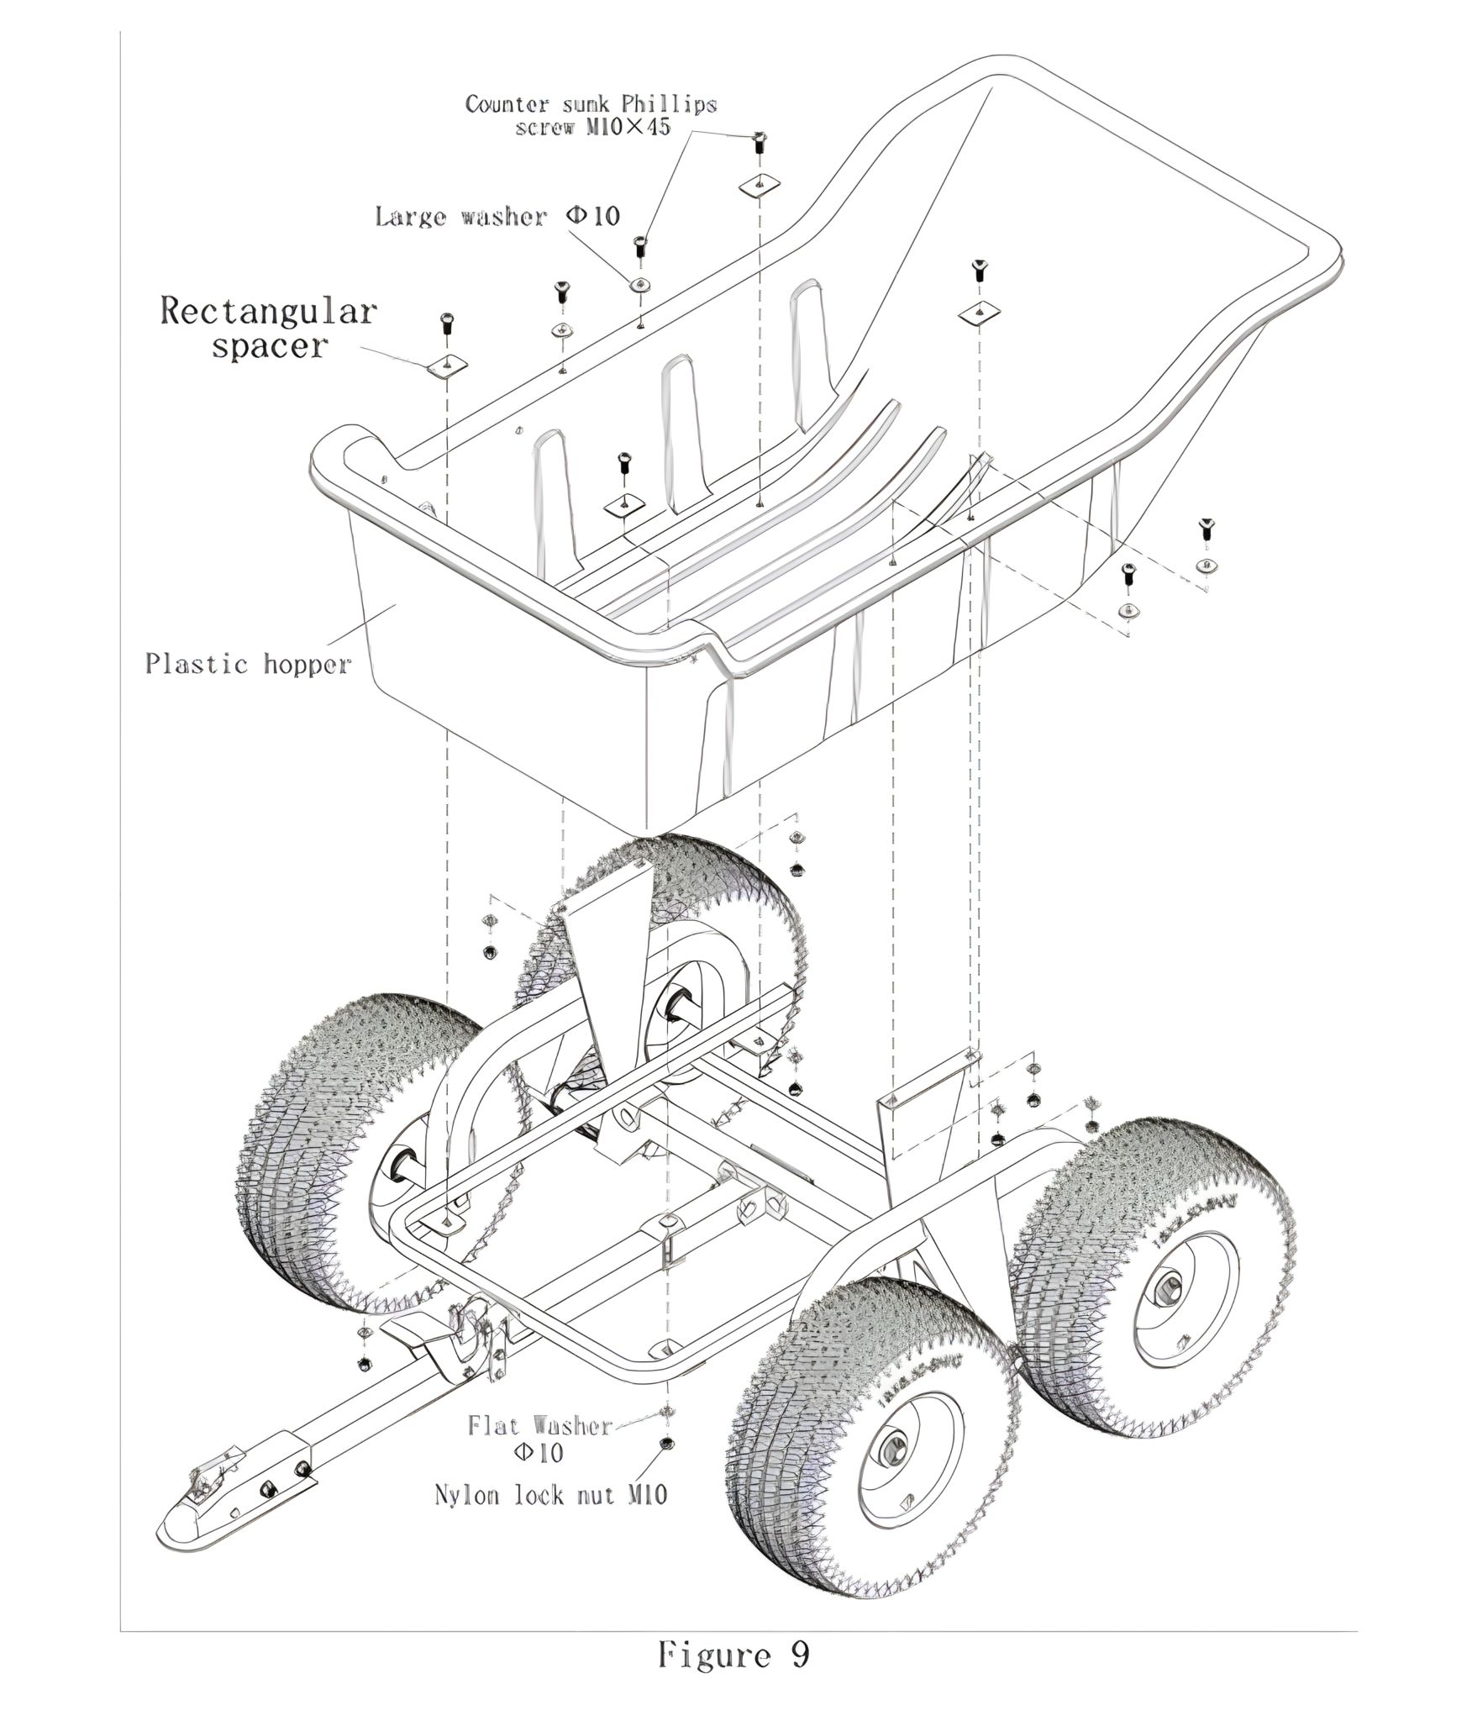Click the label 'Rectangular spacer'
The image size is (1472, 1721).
268,328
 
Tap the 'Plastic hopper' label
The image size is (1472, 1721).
247,664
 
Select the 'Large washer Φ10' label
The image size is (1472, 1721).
497,216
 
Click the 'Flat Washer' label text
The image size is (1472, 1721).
541,1425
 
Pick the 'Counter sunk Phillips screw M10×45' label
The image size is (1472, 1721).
591,115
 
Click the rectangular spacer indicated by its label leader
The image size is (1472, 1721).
446,366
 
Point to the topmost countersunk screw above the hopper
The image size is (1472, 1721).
759,141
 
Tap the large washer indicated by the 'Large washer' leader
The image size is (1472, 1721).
641,284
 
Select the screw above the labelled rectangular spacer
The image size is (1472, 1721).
446,323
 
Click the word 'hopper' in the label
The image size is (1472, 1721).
307,665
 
